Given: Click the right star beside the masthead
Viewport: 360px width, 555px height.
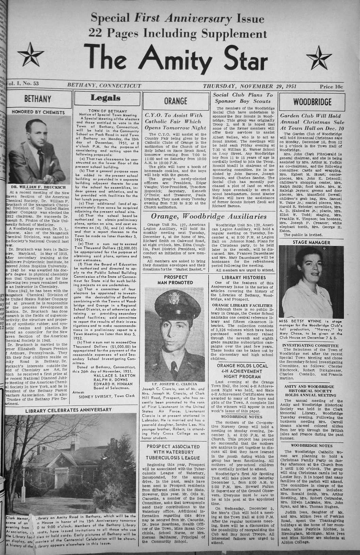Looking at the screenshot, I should (321, 56).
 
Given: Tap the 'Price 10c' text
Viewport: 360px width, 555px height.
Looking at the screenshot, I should (331, 86).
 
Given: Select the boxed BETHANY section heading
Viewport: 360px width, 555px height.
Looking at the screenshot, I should (38, 99).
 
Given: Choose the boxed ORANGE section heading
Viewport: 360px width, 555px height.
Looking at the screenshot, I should (176, 101).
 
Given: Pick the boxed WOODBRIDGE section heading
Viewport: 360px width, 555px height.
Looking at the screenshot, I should (312, 102).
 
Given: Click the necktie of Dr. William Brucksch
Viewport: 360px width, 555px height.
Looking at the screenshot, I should (40, 160).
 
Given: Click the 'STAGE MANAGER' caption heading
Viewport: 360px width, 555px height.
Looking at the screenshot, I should (311, 242).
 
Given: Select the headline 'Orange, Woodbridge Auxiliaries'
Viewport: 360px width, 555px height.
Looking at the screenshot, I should (209, 217).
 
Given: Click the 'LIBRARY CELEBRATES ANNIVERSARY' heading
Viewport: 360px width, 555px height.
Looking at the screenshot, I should (68, 410).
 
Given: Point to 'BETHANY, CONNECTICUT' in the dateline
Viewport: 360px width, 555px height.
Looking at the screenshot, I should (104, 86).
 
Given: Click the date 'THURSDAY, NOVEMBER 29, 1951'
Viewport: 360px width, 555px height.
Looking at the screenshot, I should (249, 86).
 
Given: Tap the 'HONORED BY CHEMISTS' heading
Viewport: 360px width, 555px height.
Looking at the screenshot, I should (38, 112).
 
